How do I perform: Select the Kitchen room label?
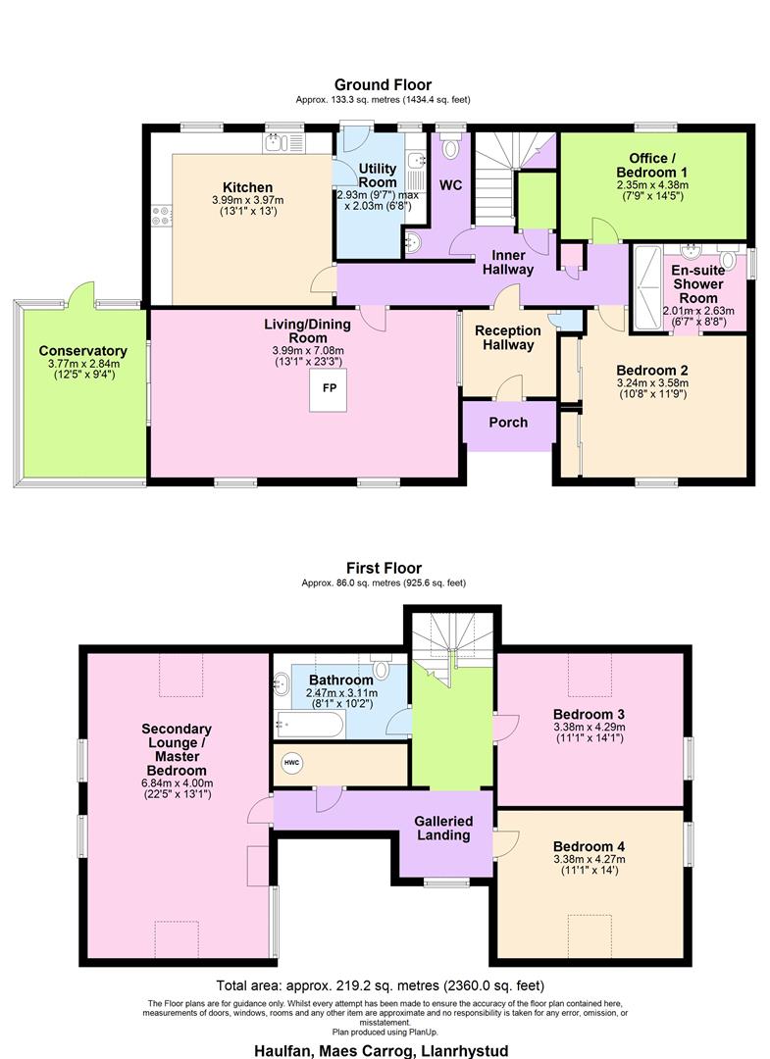pyautogui.click(x=247, y=187)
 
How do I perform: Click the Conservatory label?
pyautogui.click(x=82, y=350)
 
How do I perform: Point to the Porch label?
pyautogui.click(x=508, y=422)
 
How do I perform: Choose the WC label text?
pyautogui.click(x=450, y=184)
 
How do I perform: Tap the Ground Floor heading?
pyautogui.click(x=383, y=85)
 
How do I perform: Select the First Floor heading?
pyautogui.click(x=384, y=568)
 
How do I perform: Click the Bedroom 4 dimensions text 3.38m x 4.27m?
pyautogui.click(x=589, y=859)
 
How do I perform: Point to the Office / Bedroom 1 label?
pyautogui.click(x=652, y=165)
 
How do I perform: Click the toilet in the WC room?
pyautogui.click(x=450, y=149)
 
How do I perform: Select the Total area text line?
pyautogui.click(x=380, y=985)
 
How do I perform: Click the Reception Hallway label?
pyautogui.click(x=508, y=337)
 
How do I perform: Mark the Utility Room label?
pyautogui.click(x=378, y=176)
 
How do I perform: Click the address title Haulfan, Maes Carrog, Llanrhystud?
pyautogui.click(x=382, y=1050)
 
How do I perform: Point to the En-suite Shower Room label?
pyautogui.click(x=698, y=283)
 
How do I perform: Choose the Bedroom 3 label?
pyautogui.click(x=589, y=713)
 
